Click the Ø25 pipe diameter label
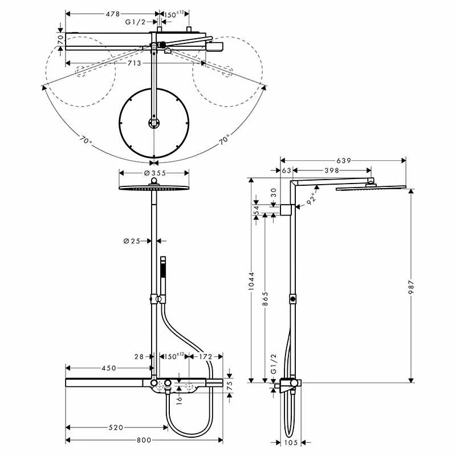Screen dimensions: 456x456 [132, 241]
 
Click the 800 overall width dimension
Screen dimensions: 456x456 [144, 439]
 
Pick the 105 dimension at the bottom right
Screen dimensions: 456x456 [292, 442]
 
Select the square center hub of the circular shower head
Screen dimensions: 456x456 [153, 122]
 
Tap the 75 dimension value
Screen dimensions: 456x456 [230, 384]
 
